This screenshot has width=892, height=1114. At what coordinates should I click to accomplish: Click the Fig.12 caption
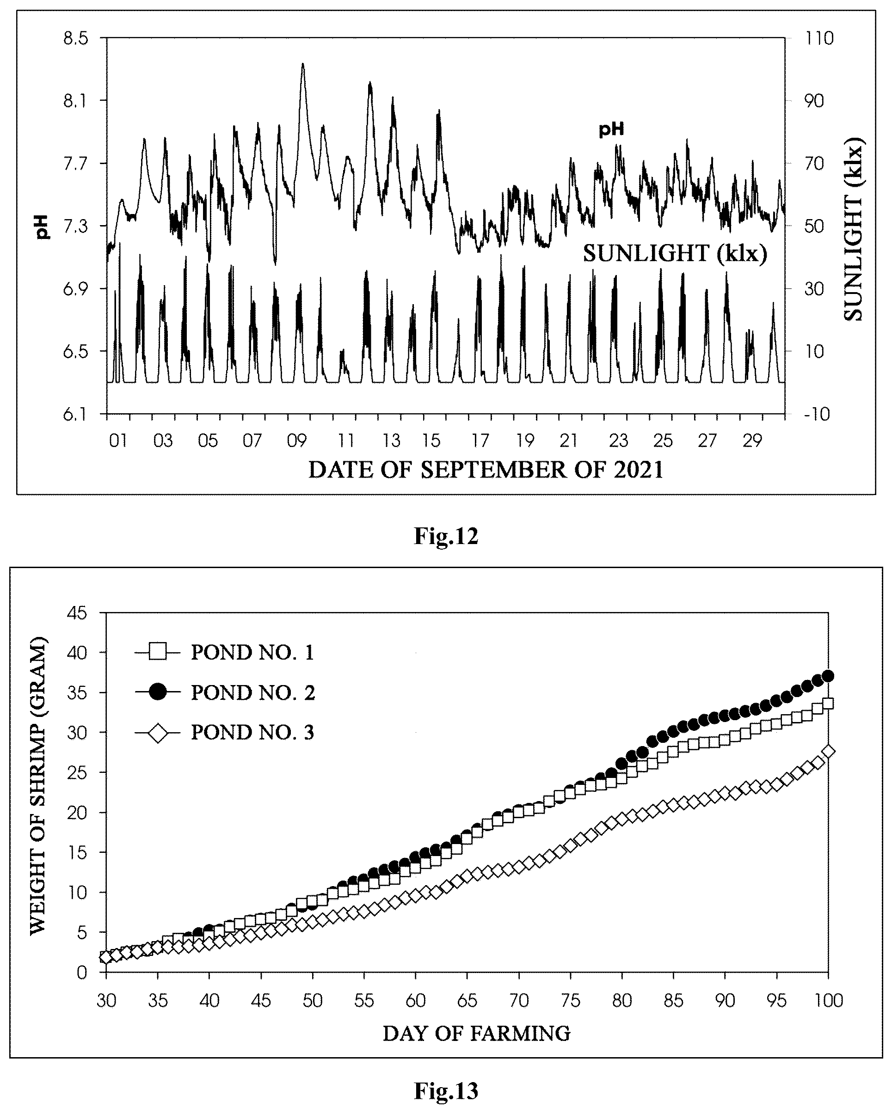point(446,536)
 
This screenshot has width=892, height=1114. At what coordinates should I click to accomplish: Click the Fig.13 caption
point(446,1091)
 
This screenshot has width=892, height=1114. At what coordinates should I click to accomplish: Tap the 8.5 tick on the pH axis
point(75,39)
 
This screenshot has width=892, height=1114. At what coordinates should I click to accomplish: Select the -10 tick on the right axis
point(817,414)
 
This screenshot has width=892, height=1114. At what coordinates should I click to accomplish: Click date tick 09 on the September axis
point(297,441)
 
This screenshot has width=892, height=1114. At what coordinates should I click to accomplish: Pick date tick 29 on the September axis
point(752,441)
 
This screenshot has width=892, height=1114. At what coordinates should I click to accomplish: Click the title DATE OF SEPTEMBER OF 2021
point(486,470)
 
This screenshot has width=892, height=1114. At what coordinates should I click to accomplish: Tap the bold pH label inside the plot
point(611,129)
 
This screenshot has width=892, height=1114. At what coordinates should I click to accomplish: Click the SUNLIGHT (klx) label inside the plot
point(675,254)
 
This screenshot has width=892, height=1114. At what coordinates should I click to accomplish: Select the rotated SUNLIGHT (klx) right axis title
point(854,229)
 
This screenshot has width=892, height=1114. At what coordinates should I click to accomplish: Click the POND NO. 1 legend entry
point(224,653)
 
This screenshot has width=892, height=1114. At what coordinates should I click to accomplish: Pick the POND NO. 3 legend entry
point(224,733)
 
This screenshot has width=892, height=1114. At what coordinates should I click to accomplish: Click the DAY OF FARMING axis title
point(476,1034)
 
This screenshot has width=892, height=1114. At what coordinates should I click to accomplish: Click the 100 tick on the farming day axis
point(828,1001)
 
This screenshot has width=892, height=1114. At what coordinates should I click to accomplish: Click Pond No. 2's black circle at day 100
point(828,676)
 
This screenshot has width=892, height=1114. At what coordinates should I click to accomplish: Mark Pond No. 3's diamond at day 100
point(828,751)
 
